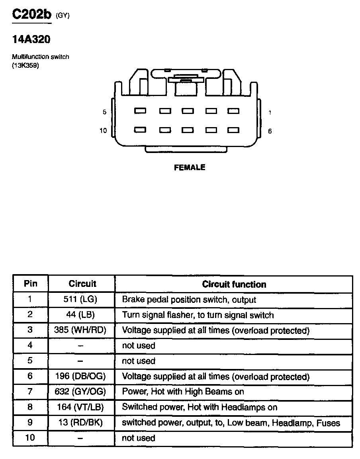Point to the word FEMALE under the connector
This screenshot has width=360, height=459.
(x=190, y=168)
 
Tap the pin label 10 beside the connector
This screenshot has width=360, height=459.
(x=103, y=131)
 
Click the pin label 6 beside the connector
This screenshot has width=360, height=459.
(x=270, y=131)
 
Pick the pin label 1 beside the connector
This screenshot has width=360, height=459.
(x=270, y=112)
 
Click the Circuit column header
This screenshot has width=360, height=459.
(x=82, y=284)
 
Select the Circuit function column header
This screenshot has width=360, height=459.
(x=234, y=284)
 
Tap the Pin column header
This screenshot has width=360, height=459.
(x=31, y=284)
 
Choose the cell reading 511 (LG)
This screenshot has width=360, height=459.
(x=80, y=299)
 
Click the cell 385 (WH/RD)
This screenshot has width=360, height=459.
(x=80, y=330)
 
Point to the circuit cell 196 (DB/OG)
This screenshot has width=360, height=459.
(x=80, y=377)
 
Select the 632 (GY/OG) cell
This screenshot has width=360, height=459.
(x=80, y=392)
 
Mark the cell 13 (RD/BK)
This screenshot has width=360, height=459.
(x=80, y=423)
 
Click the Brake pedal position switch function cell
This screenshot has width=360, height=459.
(x=189, y=300)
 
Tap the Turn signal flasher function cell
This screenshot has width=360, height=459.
(x=198, y=315)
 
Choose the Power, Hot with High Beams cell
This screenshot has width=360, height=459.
(x=183, y=392)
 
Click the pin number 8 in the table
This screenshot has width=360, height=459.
(x=30, y=407)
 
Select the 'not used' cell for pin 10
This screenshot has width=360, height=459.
(x=138, y=438)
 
